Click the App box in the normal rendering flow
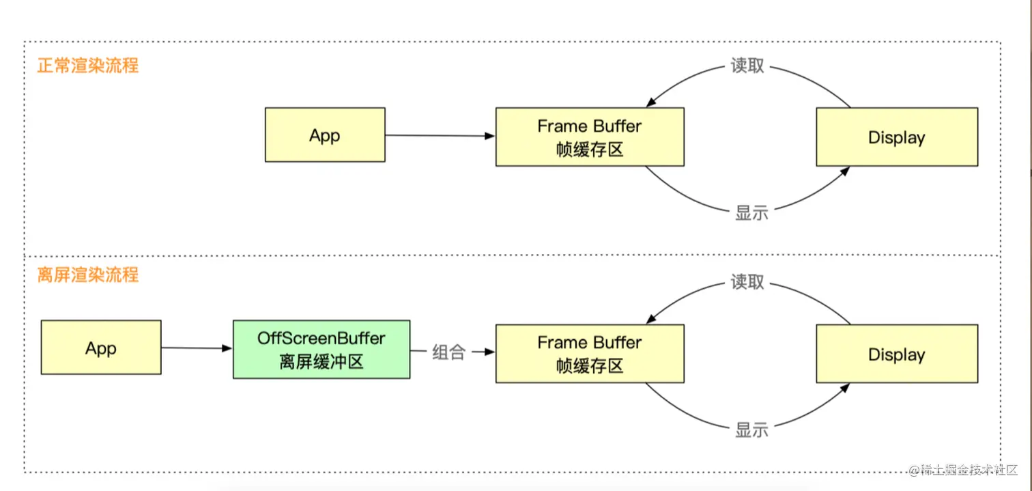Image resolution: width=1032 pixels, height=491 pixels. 325,135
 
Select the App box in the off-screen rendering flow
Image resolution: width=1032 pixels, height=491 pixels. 101,347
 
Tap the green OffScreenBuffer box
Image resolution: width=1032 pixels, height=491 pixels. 321,350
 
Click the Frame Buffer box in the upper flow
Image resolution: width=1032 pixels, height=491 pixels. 590,137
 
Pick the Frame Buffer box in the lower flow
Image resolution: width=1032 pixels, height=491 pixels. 590,354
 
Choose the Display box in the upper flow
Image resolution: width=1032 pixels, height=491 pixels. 897,137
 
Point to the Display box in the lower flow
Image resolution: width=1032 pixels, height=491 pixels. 897,354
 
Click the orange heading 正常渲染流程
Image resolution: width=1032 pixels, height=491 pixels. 87,66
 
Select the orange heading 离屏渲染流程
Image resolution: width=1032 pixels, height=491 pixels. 87,275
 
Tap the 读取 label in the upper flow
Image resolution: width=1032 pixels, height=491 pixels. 747,66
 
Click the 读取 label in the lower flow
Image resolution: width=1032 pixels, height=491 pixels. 747,281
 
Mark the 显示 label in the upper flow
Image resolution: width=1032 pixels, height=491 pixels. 752,213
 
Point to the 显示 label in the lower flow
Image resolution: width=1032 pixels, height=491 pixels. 752,430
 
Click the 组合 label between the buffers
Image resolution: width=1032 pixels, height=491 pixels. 448,352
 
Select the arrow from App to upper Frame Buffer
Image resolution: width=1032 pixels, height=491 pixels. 440,135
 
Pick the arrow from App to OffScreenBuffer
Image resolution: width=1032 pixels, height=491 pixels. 197,348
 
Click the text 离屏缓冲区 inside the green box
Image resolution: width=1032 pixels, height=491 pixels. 321,362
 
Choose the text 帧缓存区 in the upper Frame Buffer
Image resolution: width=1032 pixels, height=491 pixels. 590,150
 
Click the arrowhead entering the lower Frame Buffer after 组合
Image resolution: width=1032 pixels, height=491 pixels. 490,352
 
